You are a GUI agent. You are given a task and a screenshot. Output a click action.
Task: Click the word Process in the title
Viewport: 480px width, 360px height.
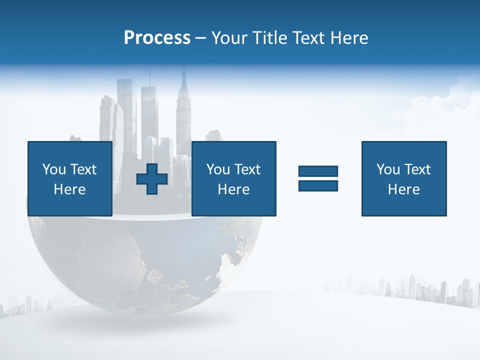pos(157,38)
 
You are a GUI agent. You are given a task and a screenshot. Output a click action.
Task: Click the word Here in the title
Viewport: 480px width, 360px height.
pos(348,38)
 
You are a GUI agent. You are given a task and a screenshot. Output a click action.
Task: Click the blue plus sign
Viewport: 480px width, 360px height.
pos(152,179)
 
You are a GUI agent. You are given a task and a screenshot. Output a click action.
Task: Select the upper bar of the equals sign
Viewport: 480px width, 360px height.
pos(318,171)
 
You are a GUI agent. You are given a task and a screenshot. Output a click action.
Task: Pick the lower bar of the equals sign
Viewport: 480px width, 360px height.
pos(318,185)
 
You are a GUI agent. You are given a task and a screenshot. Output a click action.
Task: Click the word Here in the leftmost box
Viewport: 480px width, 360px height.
pos(69,189)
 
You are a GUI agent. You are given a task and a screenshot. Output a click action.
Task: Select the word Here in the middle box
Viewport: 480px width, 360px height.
pos(233,189)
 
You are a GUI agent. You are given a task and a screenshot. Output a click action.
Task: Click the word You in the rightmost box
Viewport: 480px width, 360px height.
pos(388,169)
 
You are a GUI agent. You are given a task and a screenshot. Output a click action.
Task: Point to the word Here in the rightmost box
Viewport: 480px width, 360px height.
pos(403,189)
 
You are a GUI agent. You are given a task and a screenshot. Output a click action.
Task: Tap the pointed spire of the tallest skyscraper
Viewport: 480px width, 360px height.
pos(183,75)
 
